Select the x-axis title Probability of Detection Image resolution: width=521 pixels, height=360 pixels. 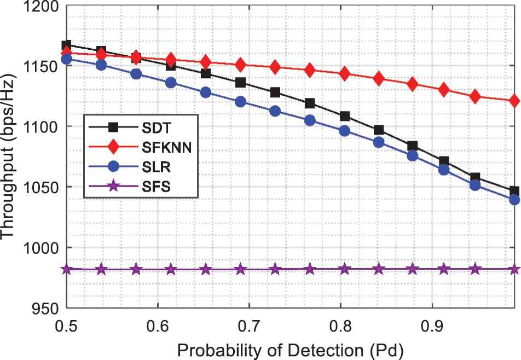pos(292,348)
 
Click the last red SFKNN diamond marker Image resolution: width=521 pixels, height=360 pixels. pos(514,101)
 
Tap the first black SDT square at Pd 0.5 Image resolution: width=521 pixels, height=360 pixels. pos(67,45)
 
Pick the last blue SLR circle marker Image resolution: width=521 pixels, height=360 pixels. pos(514,200)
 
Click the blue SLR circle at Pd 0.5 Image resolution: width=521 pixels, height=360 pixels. pos(67,59)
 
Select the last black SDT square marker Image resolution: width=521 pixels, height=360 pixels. pos(514,191)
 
